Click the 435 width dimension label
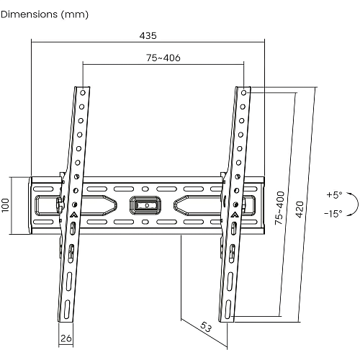[148, 36]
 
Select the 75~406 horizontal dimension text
[163, 58]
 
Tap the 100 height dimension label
[6, 205]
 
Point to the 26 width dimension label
[66, 338]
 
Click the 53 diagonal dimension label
[206, 327]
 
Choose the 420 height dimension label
[300, 210]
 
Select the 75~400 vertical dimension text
[279, 208]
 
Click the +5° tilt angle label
[334, 194]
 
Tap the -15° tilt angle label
[333, 213]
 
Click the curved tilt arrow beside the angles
[358, 204]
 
